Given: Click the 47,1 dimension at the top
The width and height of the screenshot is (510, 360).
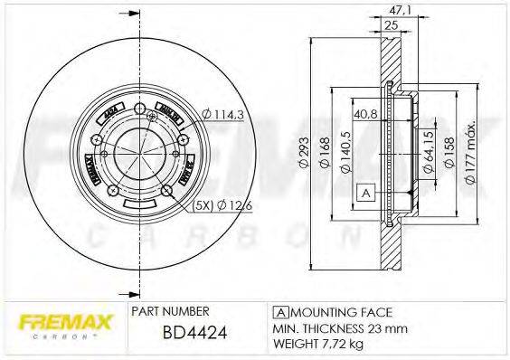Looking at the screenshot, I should (396, 11).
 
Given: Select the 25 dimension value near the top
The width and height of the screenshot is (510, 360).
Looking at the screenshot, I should (391, 26).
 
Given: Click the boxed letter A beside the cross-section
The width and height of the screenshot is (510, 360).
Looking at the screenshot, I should (366, 193).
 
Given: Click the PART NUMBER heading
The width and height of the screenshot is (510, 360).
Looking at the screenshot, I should (171, 310).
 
